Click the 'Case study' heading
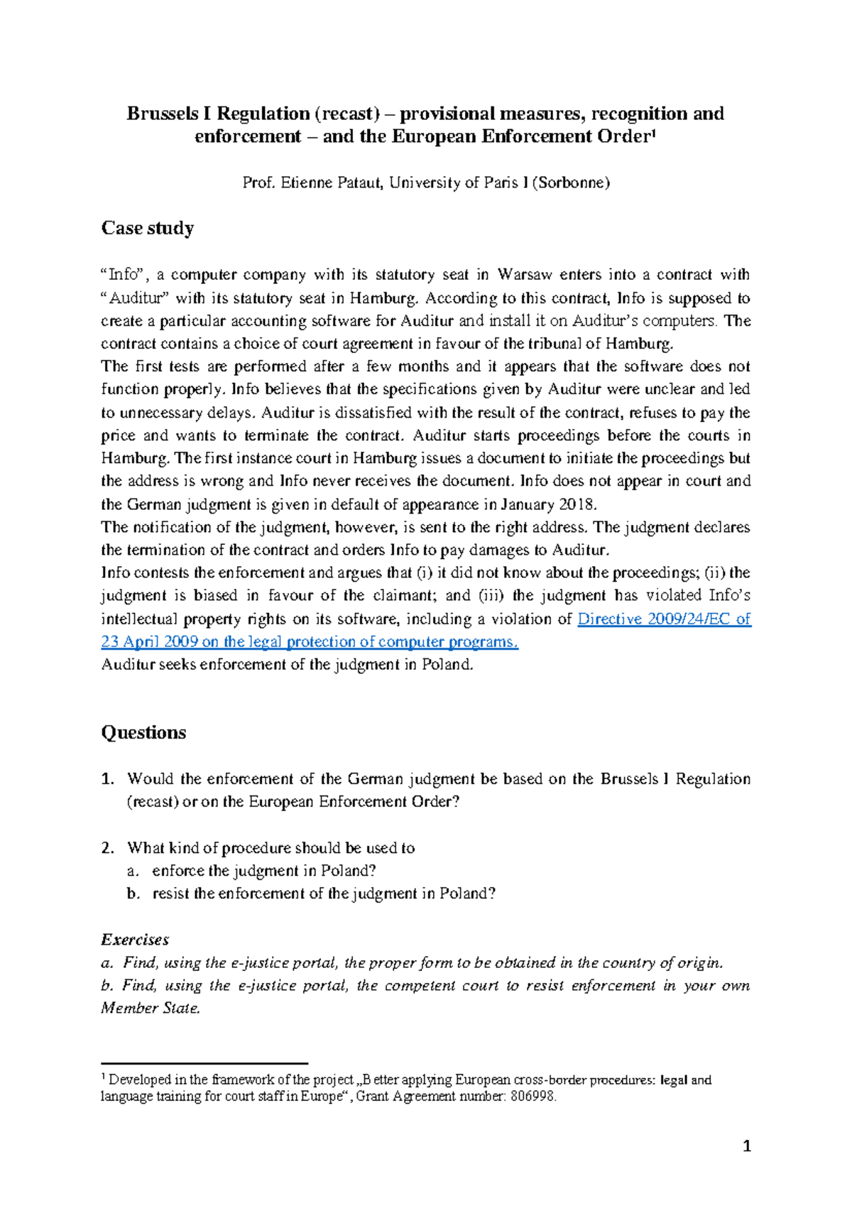point(147,228)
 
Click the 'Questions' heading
point(143,732)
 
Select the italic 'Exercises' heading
point(135,940)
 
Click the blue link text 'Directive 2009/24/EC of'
point(664,619)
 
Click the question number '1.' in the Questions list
point(108,779)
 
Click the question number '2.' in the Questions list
point(108,848)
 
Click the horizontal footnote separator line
point(204,1063)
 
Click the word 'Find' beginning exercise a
point(139,963)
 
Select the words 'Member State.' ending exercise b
point(151,1009)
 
